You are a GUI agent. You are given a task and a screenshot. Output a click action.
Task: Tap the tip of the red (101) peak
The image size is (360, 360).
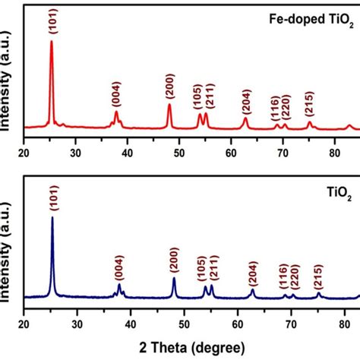click(x=52, y=41)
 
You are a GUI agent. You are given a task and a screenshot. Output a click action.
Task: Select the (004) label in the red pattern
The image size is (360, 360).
click(x=115, y=97)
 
